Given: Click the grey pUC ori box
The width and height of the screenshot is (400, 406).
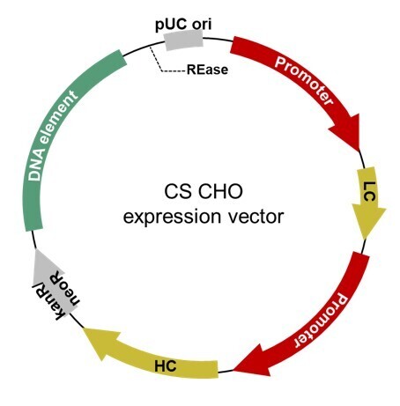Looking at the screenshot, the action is tap(183, 40).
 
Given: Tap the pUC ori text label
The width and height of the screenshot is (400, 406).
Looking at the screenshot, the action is tap(183, 24).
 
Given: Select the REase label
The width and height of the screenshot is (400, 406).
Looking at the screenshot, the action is tap(207, 70).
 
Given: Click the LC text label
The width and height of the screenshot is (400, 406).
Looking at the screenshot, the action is tap(369, 191).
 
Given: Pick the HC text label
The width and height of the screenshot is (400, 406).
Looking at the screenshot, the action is tap(166, 365).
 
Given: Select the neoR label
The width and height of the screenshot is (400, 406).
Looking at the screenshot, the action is tap(65, 288).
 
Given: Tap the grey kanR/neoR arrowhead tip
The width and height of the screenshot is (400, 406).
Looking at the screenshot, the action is tap(36, 249).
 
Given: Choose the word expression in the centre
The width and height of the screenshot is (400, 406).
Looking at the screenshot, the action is tap(172, 218).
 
